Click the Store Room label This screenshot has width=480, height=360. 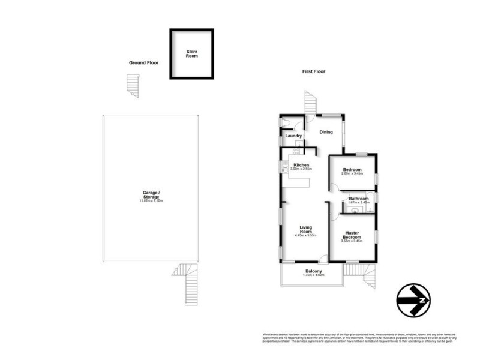tap(191, 53)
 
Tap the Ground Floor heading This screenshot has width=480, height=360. tap(144, 62)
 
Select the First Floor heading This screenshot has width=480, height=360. tap(313, 71)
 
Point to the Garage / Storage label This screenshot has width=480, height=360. tap(151, 195)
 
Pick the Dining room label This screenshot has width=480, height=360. tap(326, 133)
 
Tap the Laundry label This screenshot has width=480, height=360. tap(293, 136)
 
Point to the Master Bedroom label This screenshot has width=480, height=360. tap(352, 235)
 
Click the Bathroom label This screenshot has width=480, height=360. tap(358, 199)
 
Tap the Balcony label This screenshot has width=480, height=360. tap(312, 272)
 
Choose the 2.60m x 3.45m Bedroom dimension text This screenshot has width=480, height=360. tap(352, 174)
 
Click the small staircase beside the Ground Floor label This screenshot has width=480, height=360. tap(132, 86)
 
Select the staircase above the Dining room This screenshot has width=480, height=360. tap(310, 102)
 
